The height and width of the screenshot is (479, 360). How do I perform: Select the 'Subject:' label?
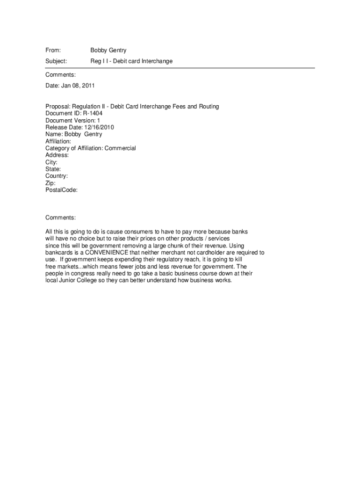56,61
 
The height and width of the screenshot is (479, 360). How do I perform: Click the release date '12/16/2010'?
99,127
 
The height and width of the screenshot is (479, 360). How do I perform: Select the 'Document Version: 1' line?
72,120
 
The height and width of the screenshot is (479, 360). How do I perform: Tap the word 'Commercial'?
120,148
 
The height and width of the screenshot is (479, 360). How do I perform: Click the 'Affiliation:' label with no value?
58,141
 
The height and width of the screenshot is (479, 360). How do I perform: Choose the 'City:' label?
51,162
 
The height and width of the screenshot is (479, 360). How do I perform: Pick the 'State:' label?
53,169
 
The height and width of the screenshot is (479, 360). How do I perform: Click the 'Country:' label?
57,176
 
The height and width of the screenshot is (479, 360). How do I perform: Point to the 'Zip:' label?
50,183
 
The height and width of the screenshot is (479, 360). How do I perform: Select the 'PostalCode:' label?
61,190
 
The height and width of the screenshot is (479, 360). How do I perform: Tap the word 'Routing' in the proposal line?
208,107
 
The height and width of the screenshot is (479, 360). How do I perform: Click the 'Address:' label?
57,155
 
